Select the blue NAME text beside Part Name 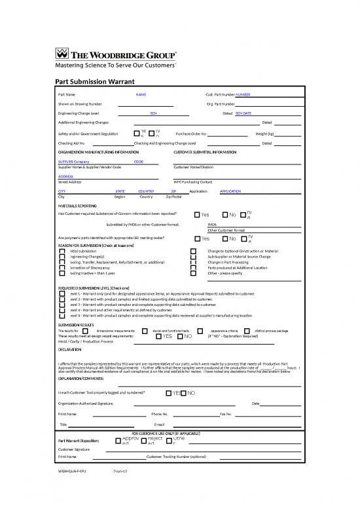141,94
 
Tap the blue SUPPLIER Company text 74,161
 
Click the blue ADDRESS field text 65,176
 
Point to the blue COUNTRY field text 146,191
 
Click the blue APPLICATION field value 231,191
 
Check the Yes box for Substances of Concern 196,215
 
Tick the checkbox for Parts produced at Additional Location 192,267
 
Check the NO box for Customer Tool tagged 184,392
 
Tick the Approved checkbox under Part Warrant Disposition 118,440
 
